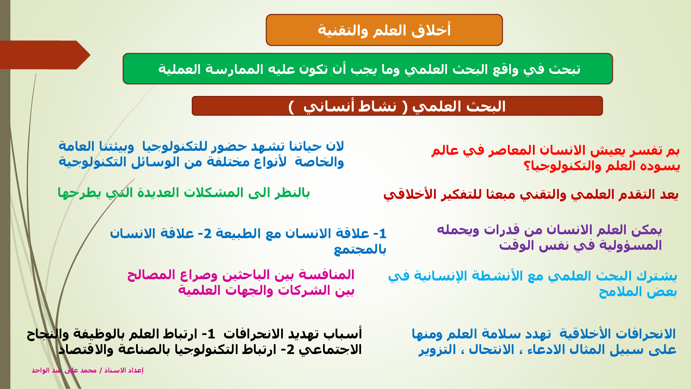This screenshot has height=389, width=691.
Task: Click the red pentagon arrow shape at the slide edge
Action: point(45,55)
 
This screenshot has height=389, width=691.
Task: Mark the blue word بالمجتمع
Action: point(360,249)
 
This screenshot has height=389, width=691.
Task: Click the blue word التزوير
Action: point(437,350)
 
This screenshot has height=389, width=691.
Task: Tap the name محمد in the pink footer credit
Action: point(89,370)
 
